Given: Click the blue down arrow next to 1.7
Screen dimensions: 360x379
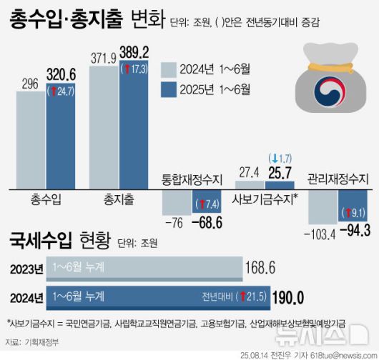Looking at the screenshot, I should click(272, 156).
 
